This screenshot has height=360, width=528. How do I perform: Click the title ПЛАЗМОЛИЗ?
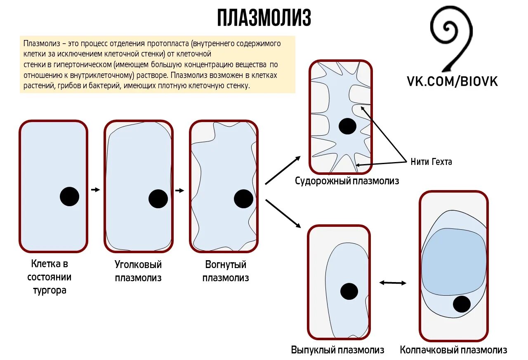point(264,18)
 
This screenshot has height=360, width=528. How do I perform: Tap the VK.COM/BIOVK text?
point(453,81)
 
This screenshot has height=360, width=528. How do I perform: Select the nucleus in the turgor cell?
point(69,196)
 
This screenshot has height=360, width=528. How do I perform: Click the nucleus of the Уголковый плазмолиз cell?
point(158,199)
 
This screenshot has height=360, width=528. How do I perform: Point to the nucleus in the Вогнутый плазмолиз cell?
point(243,199)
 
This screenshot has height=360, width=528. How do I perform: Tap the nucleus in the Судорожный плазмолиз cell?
point(348,126)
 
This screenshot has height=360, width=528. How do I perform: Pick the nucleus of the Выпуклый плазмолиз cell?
point(349,291)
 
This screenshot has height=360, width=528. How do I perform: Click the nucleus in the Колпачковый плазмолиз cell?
point(462,304)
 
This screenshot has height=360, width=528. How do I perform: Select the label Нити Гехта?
point(431,162)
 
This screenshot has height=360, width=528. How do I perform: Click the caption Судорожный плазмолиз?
point(347,181)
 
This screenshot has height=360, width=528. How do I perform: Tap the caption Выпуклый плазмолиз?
point(337,350)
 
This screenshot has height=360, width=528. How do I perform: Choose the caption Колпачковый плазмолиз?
point(453,350)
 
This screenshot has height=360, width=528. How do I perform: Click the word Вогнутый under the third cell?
point(225,264)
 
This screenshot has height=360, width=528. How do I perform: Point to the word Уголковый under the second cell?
point(138,264)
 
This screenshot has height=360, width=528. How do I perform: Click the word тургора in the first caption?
point(49,290)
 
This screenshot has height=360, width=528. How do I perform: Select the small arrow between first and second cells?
point(95,190)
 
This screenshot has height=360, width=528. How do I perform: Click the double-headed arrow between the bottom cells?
point(393,282)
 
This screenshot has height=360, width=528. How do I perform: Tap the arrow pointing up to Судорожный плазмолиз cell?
point(283,170)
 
